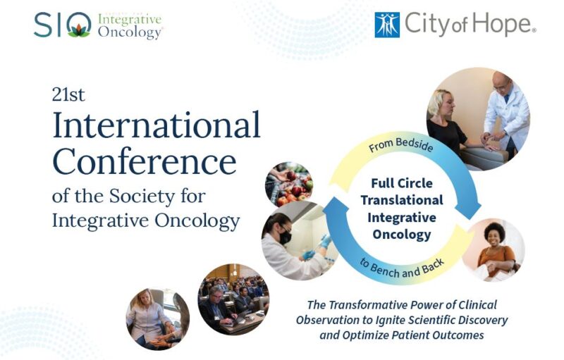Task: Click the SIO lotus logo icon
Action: pos(79,27)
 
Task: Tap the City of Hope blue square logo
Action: pos(386,25)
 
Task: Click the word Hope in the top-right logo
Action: pos(501,25)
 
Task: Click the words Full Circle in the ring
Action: pos(401,185)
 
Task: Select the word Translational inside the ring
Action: pos(402,201)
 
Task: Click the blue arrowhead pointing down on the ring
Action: pos(470,209)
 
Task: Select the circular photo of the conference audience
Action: pos(233,299)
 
